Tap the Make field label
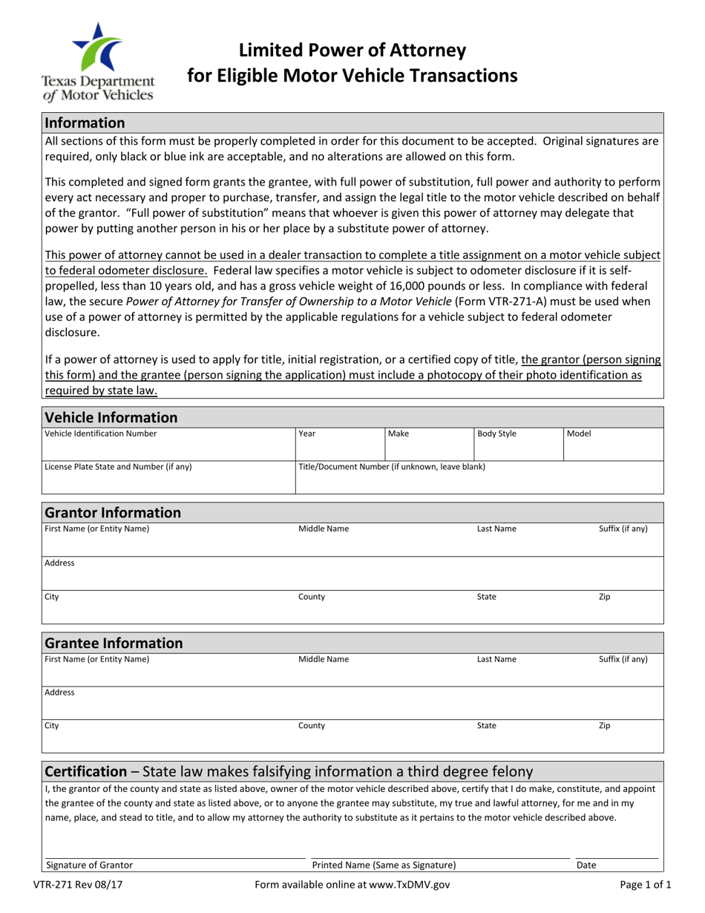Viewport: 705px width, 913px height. pos(399,433)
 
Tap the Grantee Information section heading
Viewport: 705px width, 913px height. pos(114,642)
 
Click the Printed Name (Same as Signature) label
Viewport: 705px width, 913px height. pos(384,865)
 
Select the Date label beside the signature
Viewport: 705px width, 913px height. pos(586,865)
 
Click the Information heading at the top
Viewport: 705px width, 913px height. pos(85,122)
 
